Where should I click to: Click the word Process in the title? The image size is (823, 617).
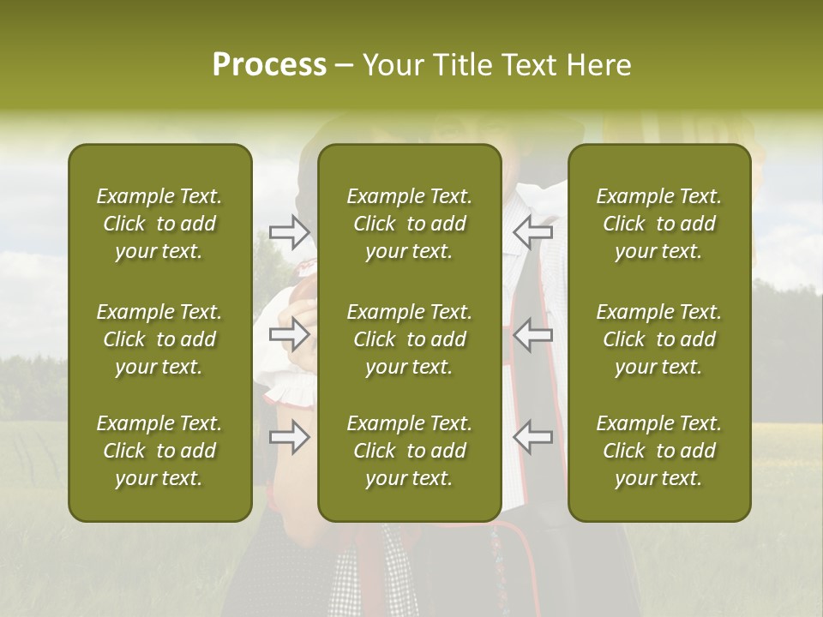(x=269, y=65)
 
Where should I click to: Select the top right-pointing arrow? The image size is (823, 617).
(x=290, y=231)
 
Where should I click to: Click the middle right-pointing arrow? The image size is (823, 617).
(x=290, y=333)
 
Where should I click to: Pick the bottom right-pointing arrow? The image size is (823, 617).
(x=290, y=438)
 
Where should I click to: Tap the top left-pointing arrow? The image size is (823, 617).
(x=532, y=231)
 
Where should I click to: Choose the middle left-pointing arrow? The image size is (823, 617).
(x=532, y=333)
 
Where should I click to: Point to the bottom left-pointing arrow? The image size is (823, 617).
(x=532, y=436)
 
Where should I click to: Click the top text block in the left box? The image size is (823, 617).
(x=159, y=224)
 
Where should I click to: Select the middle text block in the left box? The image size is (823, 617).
(x=159, y=339)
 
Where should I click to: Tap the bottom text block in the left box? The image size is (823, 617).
(x=159, y=451)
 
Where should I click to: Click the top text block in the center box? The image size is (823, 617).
(x=410, y=224)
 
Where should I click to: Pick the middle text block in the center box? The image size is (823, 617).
(x=410, y=339)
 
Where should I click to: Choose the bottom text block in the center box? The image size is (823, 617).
(x=410, y=451)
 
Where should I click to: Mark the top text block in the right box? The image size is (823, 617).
(x=659, y=224)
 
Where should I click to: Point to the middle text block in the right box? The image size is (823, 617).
(x=659, y=339)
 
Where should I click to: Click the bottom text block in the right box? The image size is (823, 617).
(x=659, y=451)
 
